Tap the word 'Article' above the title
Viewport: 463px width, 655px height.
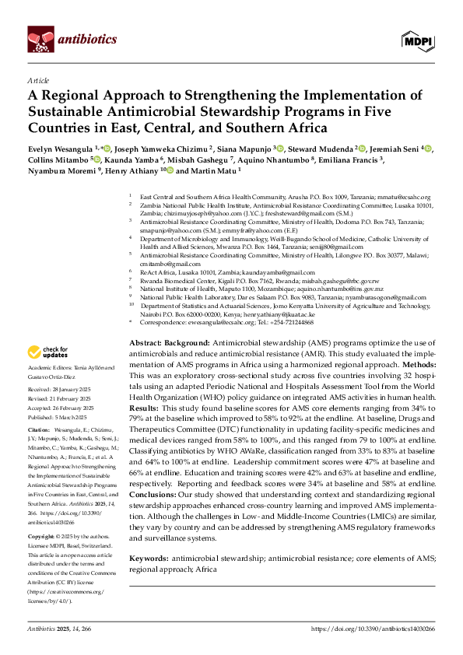tap(38, 80)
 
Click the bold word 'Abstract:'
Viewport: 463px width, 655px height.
tap(145, 343)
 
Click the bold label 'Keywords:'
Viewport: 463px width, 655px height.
tap(149, 558)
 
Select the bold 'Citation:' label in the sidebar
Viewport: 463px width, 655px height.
tap(38, 429)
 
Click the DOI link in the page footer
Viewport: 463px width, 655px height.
tap(373, 628)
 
